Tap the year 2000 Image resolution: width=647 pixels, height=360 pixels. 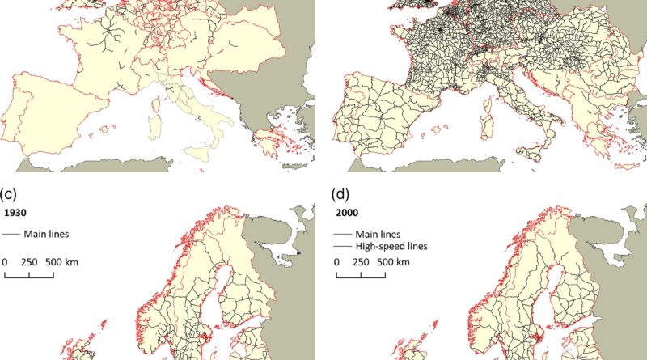(x=346, y=214)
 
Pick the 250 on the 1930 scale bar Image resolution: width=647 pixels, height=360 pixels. (x=29, y=263)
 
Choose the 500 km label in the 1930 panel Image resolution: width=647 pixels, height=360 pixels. (x=62, y=263)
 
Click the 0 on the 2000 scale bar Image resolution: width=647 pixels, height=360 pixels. (x=336, y=263)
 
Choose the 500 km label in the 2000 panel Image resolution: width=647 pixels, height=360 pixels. (x=394, y=263)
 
